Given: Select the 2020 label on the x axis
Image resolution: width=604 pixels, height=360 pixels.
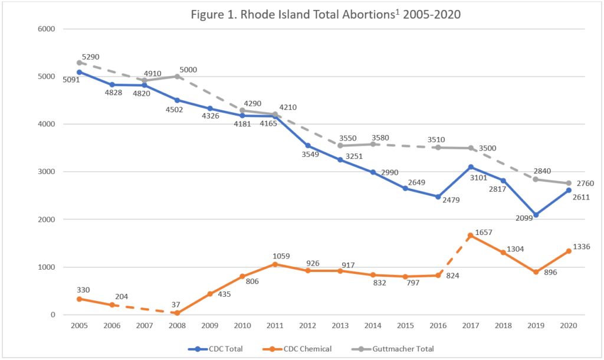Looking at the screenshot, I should point(568,325).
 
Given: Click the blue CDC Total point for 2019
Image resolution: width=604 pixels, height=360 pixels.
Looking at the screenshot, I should point(536,215).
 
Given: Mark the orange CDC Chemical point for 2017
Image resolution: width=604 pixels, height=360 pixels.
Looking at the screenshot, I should point(471,235).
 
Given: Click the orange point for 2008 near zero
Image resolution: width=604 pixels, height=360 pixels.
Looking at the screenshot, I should point(177,313).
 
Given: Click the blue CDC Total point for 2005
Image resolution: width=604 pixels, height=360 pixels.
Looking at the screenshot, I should point(79,72).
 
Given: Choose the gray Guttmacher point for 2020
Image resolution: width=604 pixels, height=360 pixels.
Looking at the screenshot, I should point(568,183).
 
